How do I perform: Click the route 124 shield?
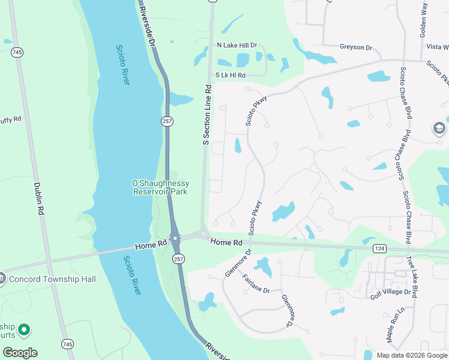[x=379, y=248]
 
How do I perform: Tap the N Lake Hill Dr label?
[x=237, y=45]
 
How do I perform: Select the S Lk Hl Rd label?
[x=231, y=75]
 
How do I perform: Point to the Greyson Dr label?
[x=356, y=47]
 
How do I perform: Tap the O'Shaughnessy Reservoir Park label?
[x=160, y=187]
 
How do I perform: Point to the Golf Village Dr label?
[x=394, y=293]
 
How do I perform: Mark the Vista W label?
[x=436, y=47]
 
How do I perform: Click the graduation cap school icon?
[x=439, y=128]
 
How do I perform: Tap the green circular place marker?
[x=24, y=330]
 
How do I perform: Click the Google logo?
[x=20, y=353]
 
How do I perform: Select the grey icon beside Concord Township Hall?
[x=2, y=278]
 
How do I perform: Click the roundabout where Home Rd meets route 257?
[x=175, y=238]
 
